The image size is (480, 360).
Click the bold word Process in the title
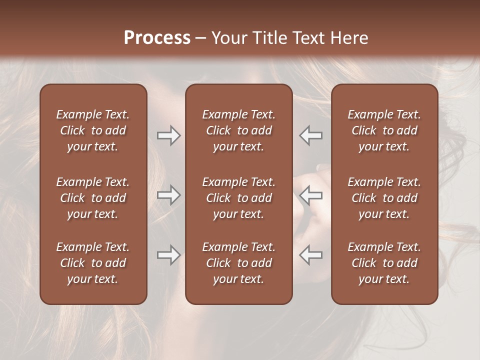point(157,38)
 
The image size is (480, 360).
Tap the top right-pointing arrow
point(168,135)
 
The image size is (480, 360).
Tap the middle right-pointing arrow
point(168,195)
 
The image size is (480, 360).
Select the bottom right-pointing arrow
point(168,255)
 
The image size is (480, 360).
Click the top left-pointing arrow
point(311,135)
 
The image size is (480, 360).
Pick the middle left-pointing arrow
point(311,195)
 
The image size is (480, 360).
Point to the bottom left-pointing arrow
point(311,255)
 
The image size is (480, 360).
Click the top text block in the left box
point(93,130)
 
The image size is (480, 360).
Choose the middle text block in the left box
point(93,198)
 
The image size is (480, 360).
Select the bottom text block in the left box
point(93,263)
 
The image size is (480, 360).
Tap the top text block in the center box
point(238,130)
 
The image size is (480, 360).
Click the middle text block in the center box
point(238,198)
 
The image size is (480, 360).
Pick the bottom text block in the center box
point(238,263)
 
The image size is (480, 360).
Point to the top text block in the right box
point(384,130)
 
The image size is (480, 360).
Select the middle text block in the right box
point(384,198)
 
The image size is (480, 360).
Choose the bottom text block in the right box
point(384,263)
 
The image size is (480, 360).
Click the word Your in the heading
point(228,38)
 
